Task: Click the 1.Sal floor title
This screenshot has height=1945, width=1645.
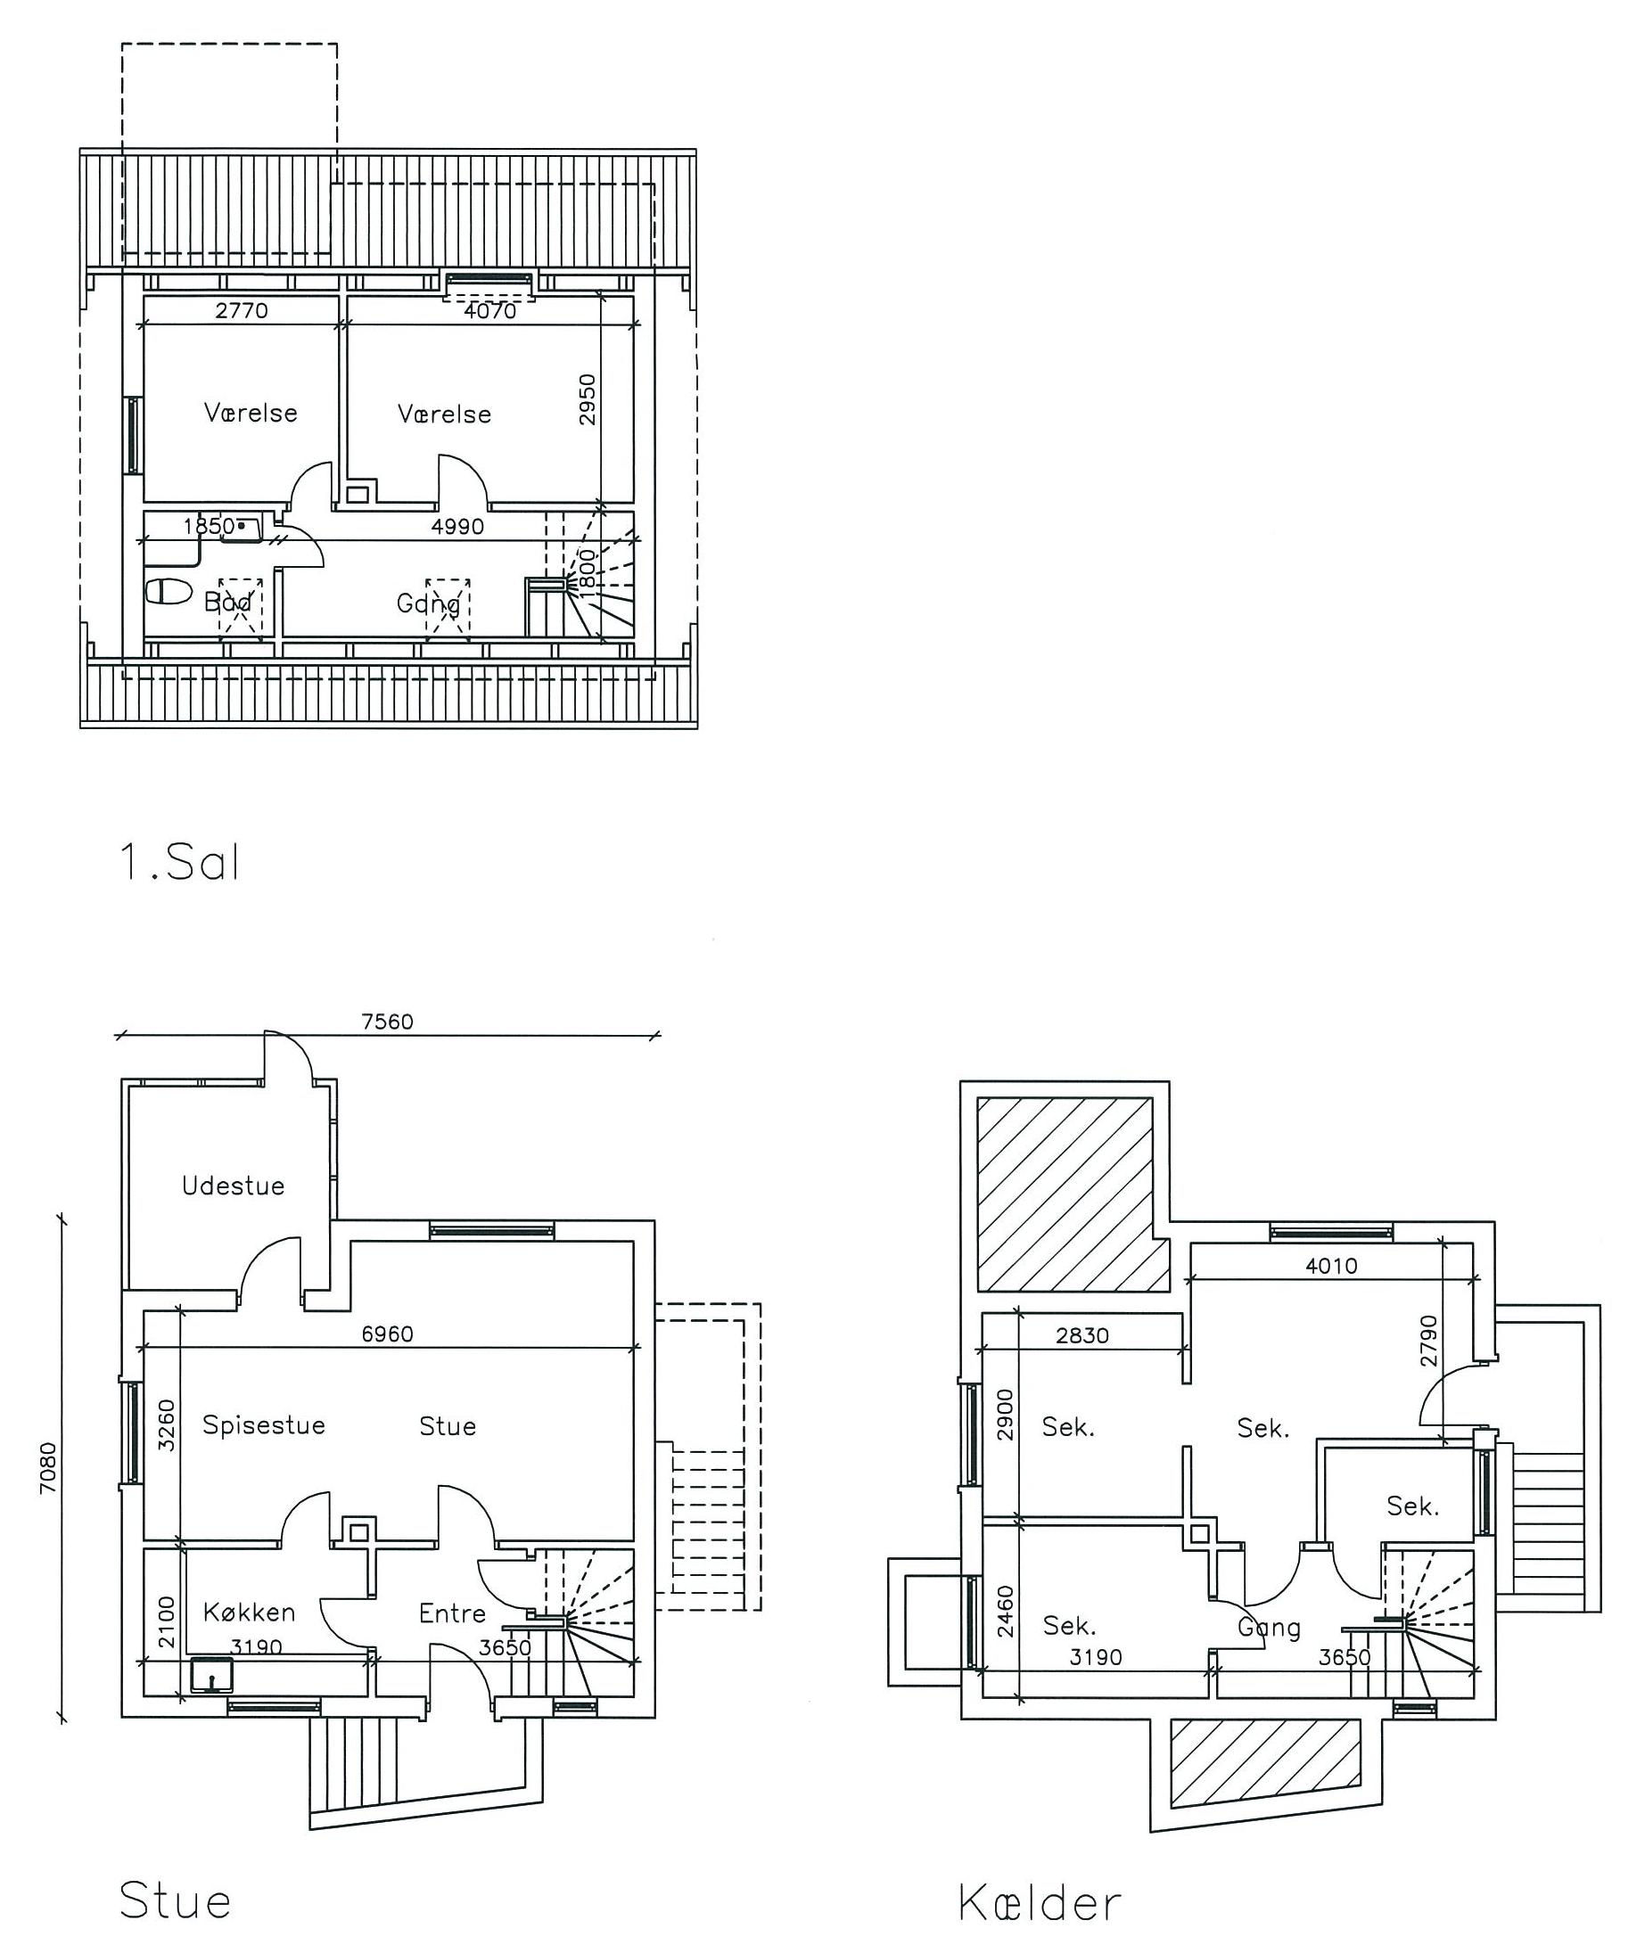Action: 180,863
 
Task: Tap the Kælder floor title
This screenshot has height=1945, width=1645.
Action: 1039,1903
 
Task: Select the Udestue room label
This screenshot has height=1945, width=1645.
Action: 233,1186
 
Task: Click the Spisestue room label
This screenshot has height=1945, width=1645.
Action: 264,1425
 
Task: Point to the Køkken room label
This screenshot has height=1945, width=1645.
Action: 249,1613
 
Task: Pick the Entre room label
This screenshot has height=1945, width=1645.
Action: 452,1613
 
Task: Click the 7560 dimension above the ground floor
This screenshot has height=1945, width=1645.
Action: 387,1022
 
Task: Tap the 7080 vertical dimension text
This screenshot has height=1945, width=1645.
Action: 48,1468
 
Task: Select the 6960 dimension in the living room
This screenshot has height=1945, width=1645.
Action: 387,1334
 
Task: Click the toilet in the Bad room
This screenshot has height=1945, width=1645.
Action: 169,591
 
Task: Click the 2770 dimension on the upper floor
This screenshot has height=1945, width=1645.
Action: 242,310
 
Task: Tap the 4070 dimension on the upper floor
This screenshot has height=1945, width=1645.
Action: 490,310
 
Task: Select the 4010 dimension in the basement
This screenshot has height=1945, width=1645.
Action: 1331,1266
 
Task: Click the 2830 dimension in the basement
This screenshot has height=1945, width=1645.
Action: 1082,1336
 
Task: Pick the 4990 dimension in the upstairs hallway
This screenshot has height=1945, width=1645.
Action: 458,527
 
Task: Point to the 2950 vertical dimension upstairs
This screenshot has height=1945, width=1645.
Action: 587,399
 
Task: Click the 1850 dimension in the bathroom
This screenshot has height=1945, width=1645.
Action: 209,527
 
